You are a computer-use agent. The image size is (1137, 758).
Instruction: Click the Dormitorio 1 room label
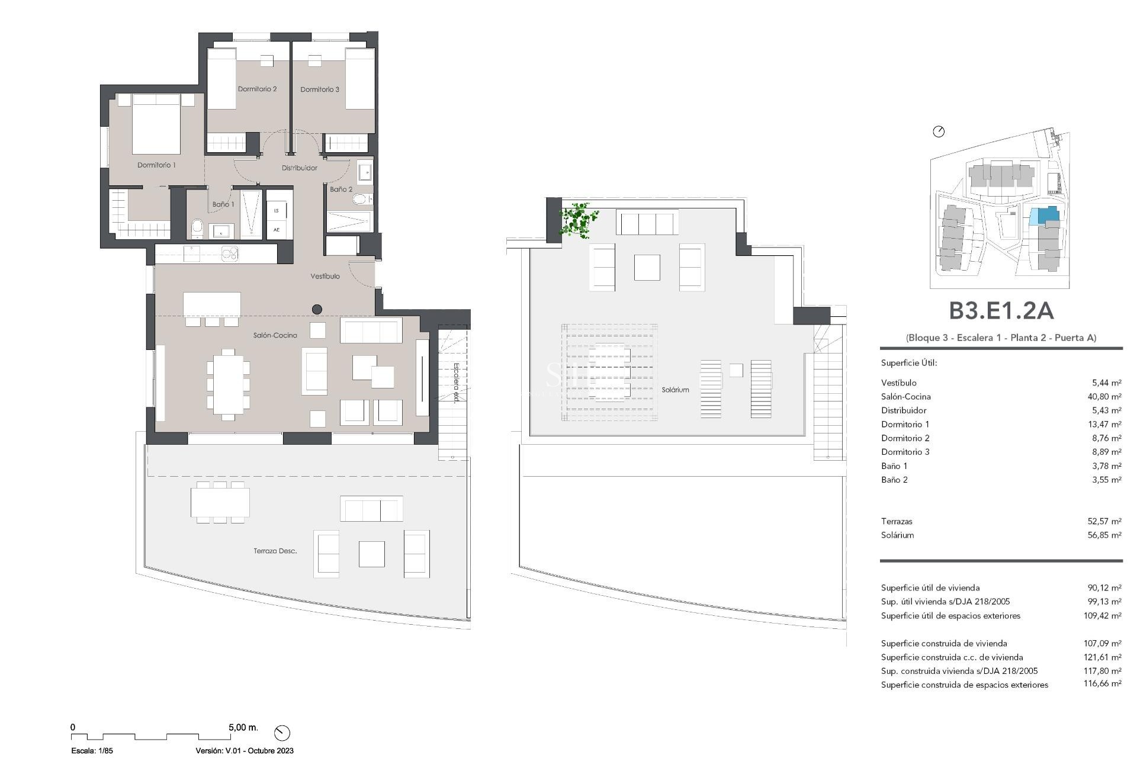[x=156, y=165]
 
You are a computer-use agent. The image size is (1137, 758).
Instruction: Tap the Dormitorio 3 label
[x=320, y=89]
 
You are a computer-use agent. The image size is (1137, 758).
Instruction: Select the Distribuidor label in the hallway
[x=299, y=168]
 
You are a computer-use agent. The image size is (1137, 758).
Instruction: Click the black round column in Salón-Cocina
[x=317, y=309]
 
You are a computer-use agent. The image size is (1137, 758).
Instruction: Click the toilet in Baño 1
[x=197, y=227]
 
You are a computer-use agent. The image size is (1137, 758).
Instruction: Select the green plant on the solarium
[x=577, y=220]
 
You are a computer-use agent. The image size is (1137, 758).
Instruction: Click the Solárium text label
[x=675, y=390]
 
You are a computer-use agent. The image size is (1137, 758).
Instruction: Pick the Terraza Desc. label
[x=275, y=551]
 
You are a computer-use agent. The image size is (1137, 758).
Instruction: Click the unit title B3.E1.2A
[x=1001, y=311]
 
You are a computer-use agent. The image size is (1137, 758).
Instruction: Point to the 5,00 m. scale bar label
[x=243, y=727]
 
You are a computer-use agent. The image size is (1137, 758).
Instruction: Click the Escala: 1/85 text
[x=92, y=751]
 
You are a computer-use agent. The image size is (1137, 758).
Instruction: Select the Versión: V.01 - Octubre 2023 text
[x=244, y=751]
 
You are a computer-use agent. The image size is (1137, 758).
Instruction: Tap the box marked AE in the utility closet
[x=277, y=230]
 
